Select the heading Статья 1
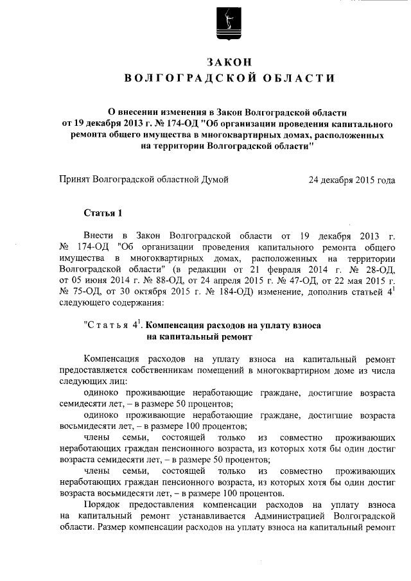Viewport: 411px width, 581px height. pos(102,213)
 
